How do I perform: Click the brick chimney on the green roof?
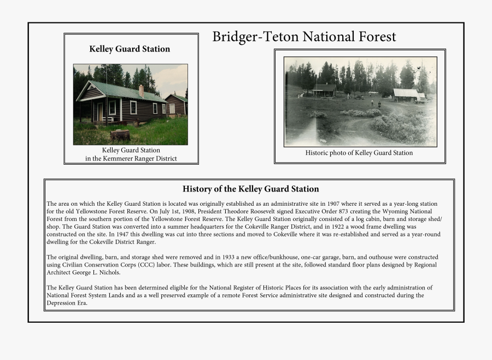[141, 91]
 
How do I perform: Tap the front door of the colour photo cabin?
[100, 112]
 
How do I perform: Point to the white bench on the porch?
[108, 119]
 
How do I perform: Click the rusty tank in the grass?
[120, 135]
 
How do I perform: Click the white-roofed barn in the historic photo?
[406, 94]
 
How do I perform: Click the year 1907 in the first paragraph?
[333, 204]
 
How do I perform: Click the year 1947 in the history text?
[122, 234]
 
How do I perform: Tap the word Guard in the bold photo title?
[128, 49]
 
